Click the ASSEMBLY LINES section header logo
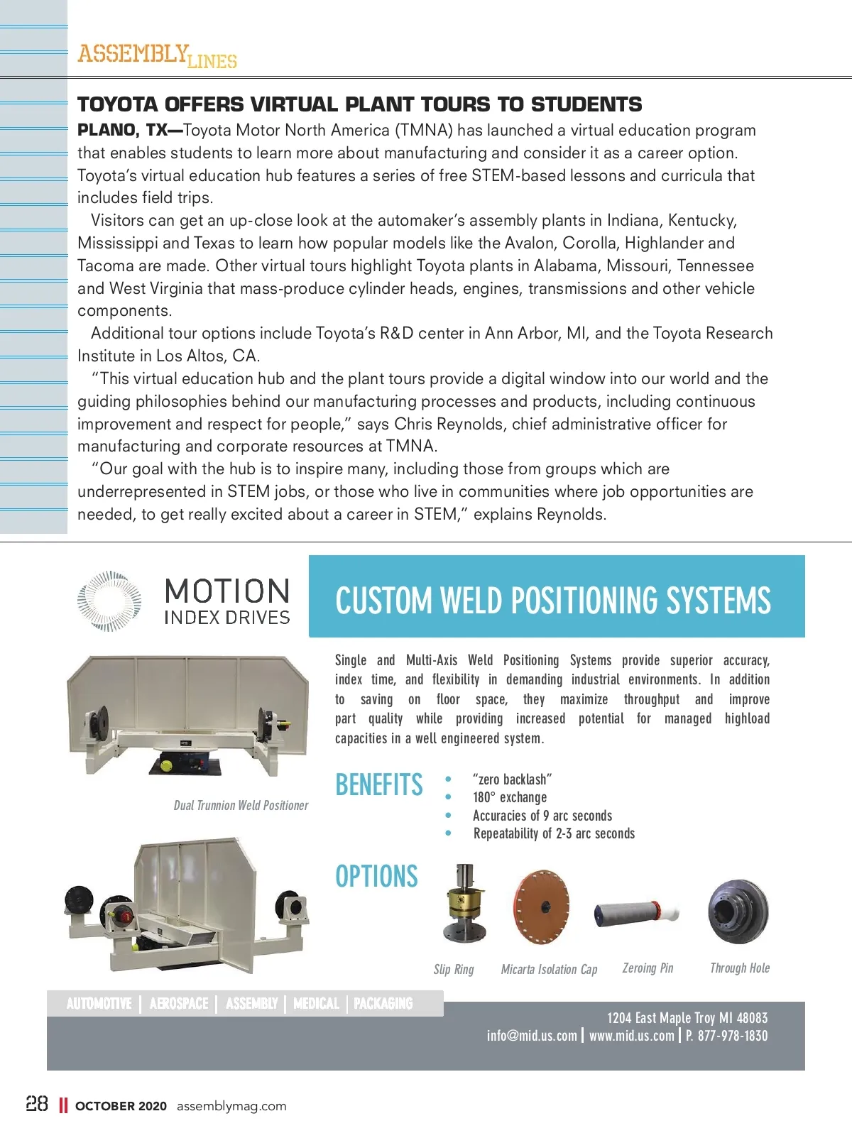(x=157, y=55)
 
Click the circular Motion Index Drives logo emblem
(x=109, y=601)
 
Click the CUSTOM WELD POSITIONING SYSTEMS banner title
(x=552, y=600)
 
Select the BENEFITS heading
(x=379, y=784)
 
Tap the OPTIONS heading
(x=376, y=876)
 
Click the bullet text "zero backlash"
(x=512, y=779)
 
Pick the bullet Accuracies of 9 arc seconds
(x=542, y=816)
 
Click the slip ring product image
(x=464, y=903)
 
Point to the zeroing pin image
(x=636, y=912)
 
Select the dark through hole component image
(x=738, y=912)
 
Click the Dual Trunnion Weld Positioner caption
(x=241, y=805)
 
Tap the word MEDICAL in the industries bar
(x=316, y=1003)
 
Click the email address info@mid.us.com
(x=532, y=1036)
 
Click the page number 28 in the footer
(x=37, y=1104)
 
